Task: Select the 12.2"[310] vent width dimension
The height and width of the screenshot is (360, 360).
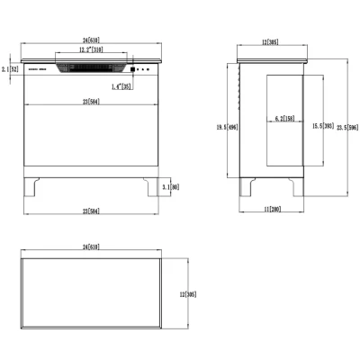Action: (x=85, y=52)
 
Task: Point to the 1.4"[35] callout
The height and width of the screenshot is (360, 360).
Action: (x=121, y=87)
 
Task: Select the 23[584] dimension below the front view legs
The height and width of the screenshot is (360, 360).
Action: (x=91, y=211)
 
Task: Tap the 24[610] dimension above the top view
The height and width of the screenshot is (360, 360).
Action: (x=91, y=247)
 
